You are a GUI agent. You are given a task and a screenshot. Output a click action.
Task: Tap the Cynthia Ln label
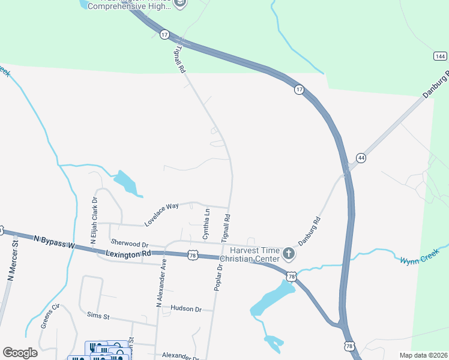coord(206,224)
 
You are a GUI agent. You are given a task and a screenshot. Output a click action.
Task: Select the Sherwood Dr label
coord(129,244)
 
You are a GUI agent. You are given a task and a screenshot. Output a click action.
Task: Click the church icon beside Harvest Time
coord(289,254)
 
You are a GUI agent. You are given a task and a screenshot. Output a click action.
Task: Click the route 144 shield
coord(440,56)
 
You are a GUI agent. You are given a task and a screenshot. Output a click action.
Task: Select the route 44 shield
coord(361,158)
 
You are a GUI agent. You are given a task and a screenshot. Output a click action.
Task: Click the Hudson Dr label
coord(186,308)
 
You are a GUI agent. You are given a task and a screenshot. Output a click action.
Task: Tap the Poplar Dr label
coord(219,277)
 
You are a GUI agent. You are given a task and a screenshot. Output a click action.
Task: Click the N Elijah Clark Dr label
coord(94,220)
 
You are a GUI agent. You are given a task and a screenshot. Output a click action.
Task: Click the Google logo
coord(20,352)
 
